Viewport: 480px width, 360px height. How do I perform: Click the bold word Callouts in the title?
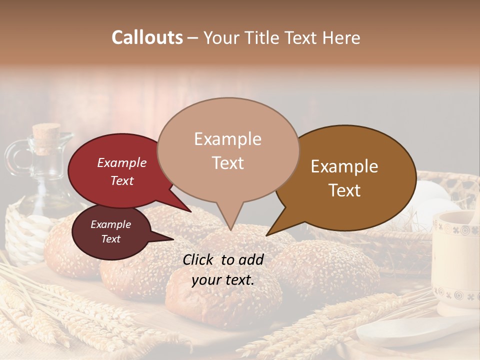tap(147, 37)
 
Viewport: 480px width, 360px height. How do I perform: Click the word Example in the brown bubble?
tap(344, 166)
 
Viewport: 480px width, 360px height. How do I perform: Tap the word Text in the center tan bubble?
tap(228, 163)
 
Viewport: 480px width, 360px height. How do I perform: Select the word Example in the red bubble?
tap(121, 163)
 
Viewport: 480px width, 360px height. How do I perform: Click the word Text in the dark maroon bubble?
tap(110, 239)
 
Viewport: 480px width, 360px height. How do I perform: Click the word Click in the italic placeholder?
tap(198, 259)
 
